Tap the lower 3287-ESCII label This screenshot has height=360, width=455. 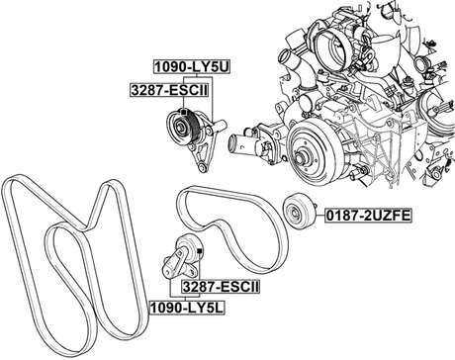pos(220,286)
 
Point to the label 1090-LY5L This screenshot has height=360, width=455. pos(189,309)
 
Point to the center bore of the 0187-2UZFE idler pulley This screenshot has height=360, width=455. pos(292,213)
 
